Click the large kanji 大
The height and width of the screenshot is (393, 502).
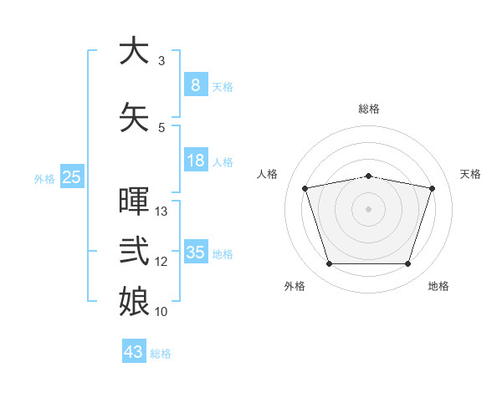134,50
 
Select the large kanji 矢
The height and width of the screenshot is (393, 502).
134,117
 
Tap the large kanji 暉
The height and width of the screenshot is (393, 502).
134,201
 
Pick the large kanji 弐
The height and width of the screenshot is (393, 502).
134,251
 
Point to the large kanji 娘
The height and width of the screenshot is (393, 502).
134,301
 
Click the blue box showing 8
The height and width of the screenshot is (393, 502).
196,84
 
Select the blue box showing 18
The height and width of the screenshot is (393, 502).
196,160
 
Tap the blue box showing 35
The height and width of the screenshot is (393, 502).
196,251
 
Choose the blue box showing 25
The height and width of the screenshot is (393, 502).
72,176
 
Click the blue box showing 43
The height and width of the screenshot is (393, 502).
134,350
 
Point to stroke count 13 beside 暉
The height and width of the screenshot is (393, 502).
161,212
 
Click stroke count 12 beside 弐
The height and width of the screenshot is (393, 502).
161,262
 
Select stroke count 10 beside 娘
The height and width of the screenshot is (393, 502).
161,311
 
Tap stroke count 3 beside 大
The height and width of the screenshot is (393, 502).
161,60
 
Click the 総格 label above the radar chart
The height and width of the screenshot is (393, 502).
369,110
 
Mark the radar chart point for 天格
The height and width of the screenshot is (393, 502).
433,188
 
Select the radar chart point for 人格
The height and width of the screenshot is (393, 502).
305,188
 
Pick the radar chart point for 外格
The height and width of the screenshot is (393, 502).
330,263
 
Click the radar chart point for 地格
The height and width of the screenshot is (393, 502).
408,263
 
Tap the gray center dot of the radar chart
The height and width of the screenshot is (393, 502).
368,209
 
